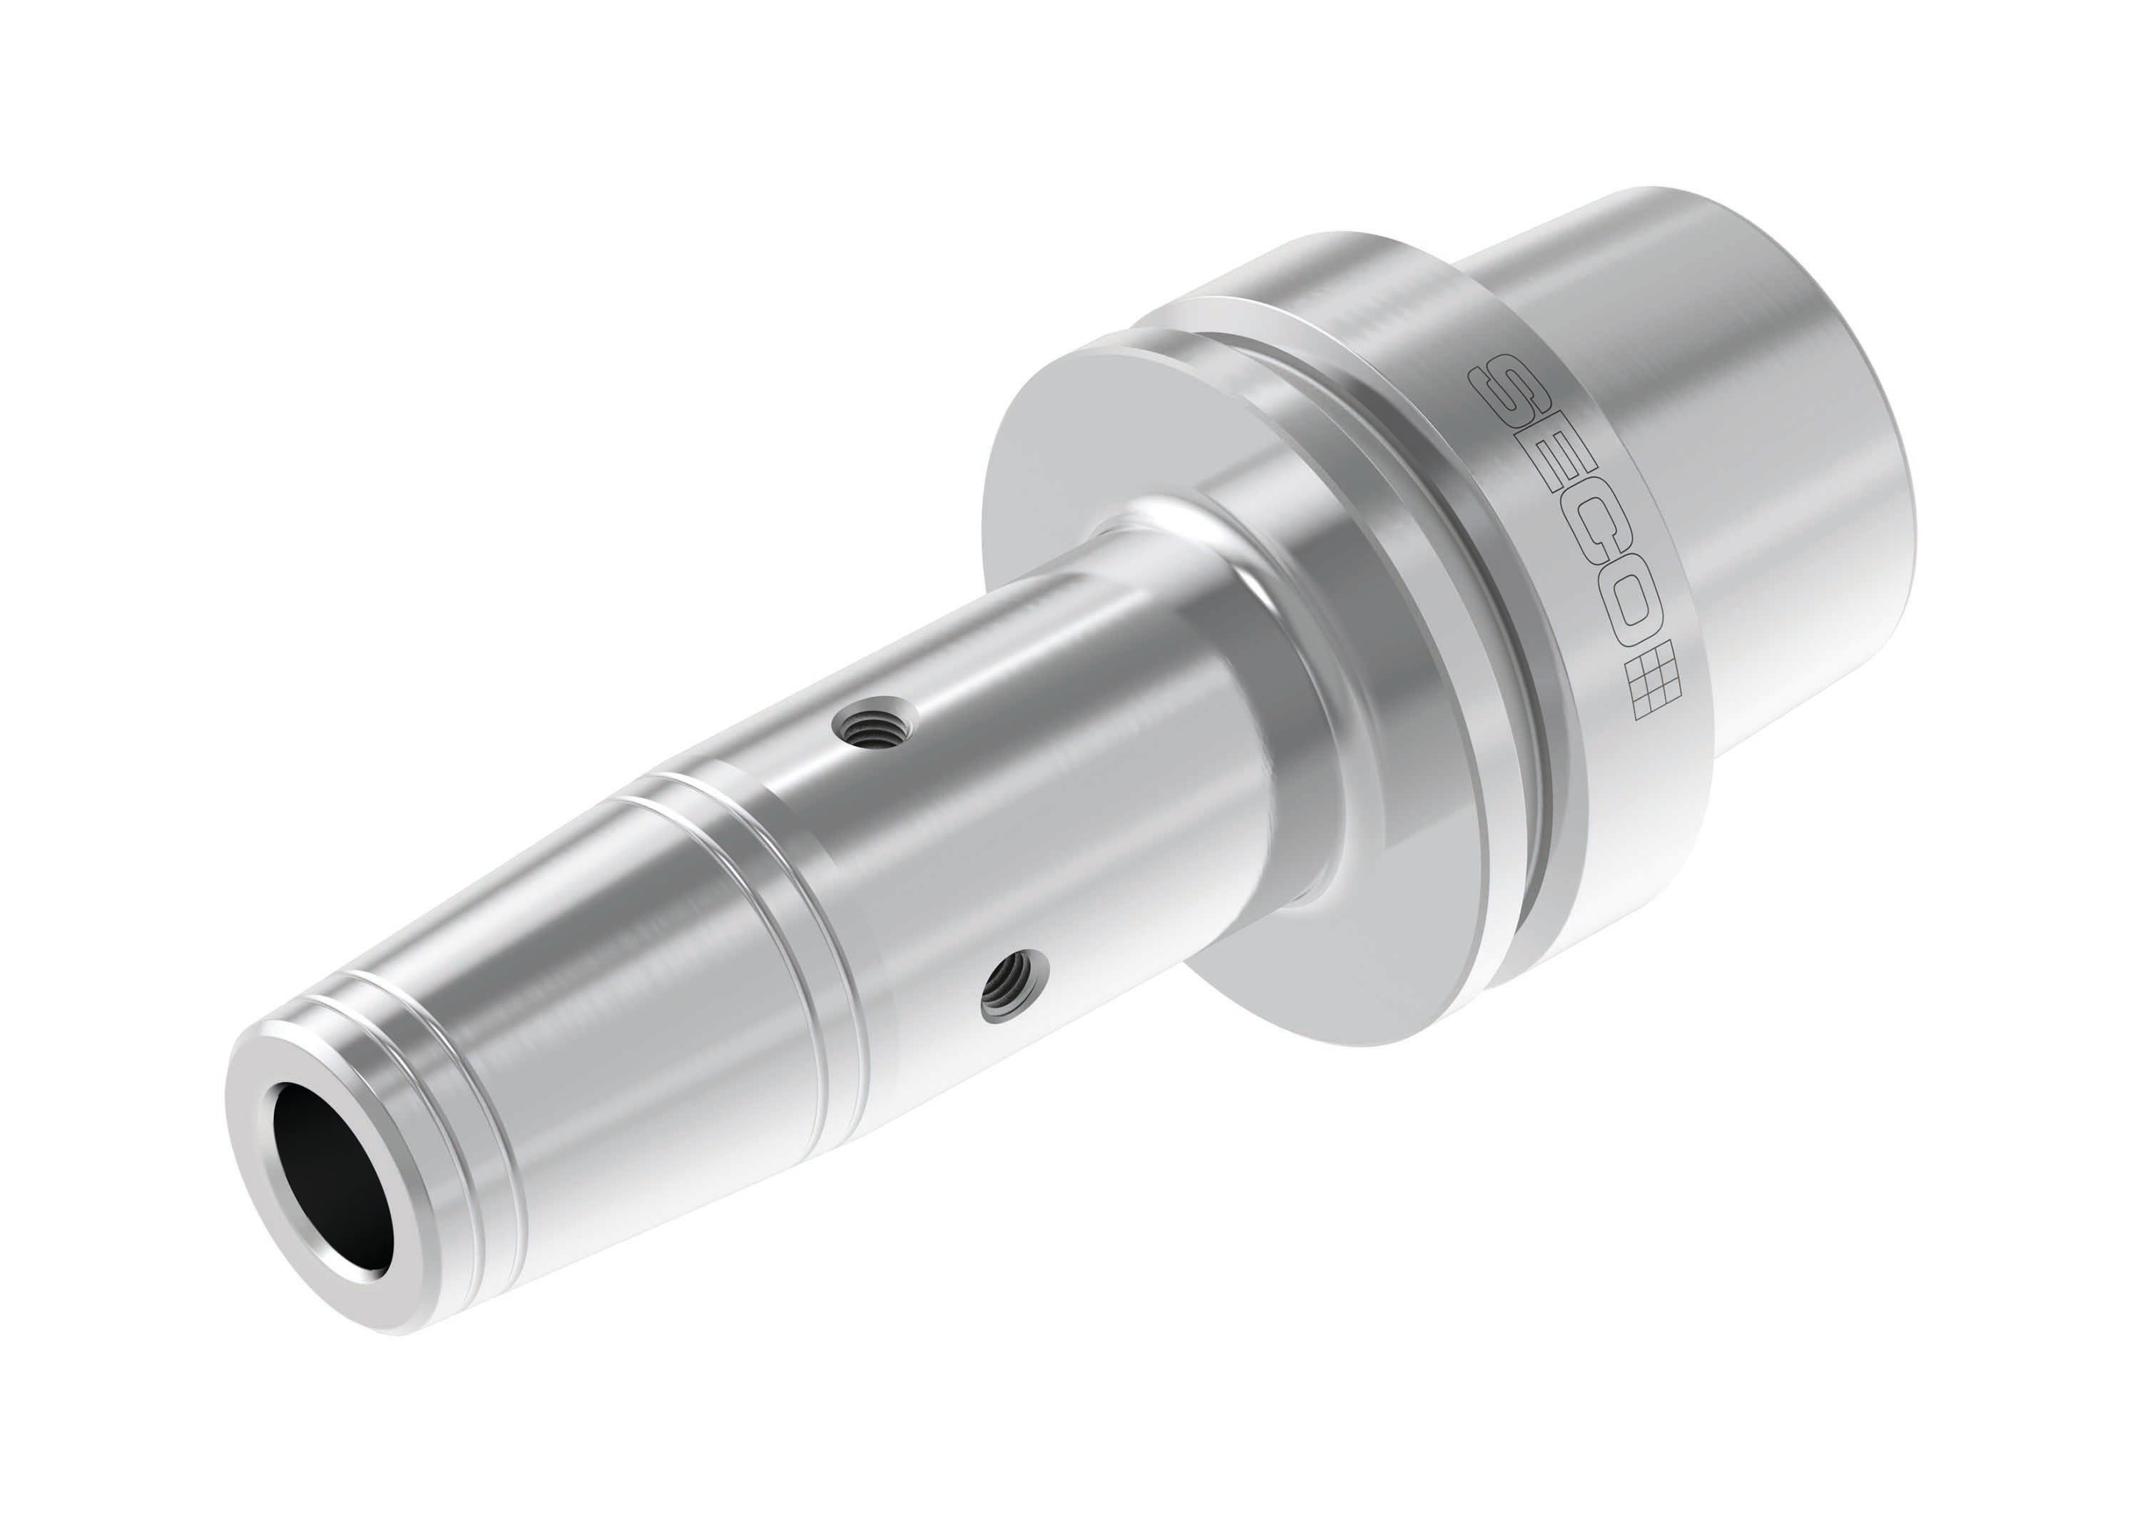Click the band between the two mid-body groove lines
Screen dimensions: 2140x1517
point(738,897)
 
